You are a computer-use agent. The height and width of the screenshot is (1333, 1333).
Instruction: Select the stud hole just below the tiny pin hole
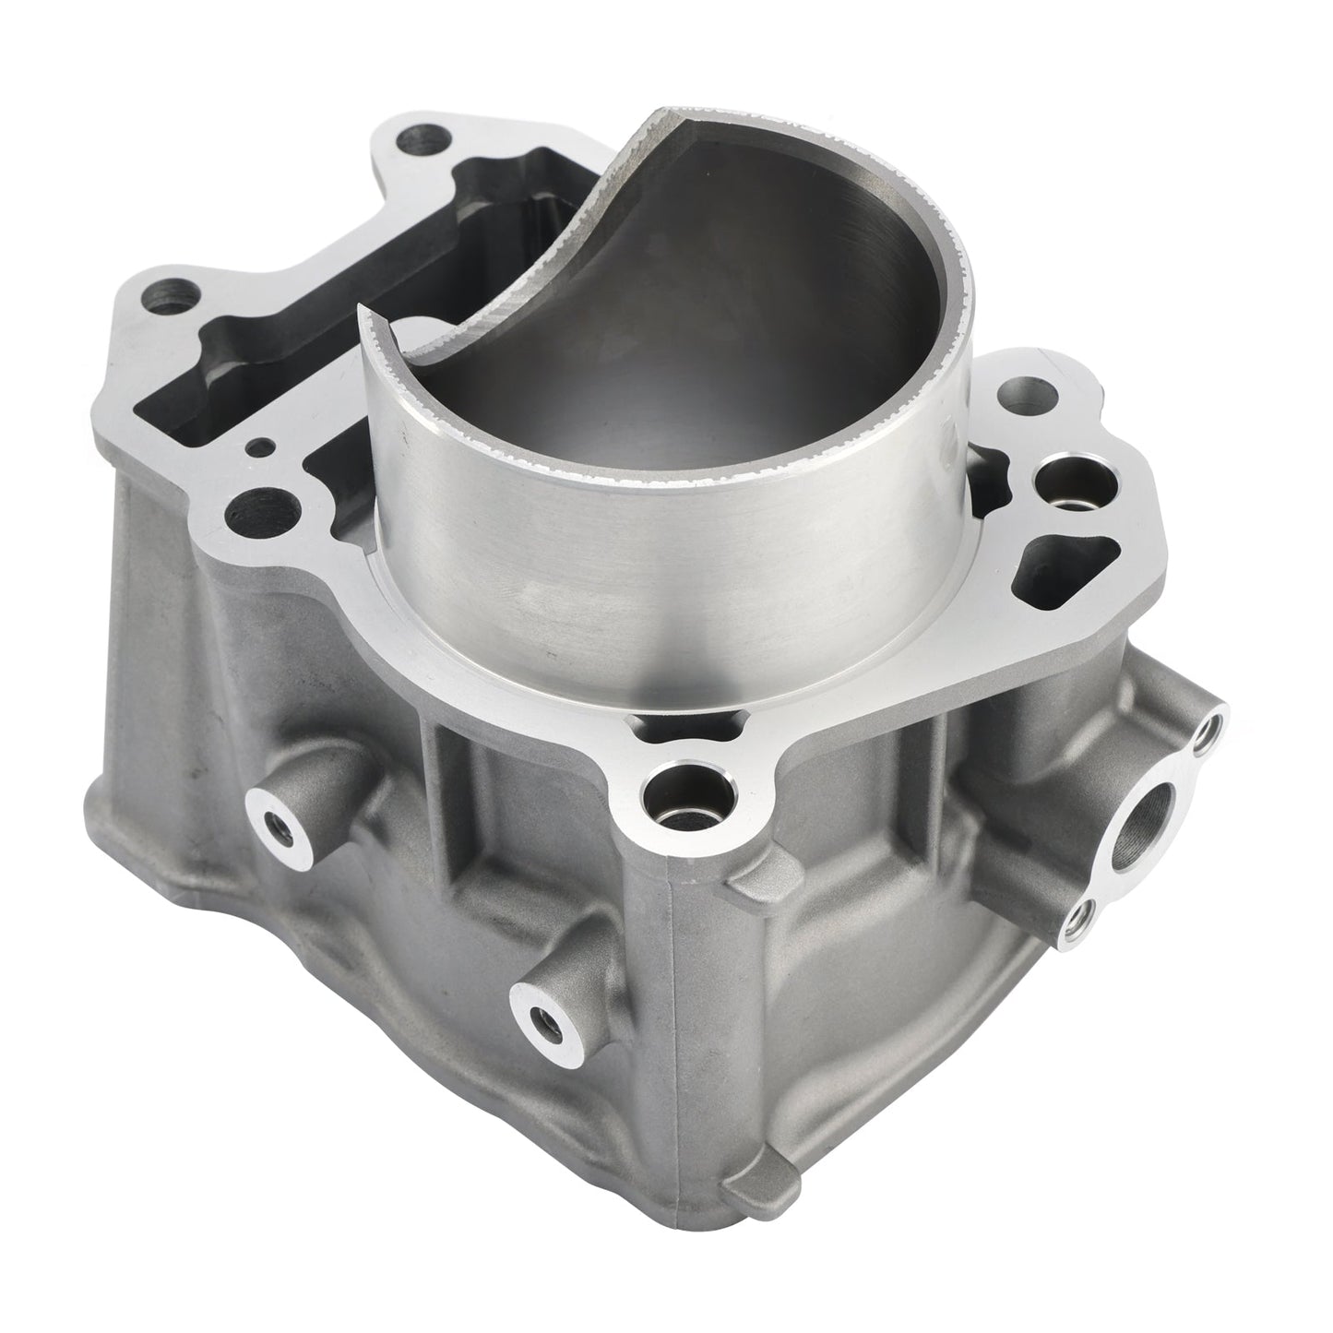tap(254, 506)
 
